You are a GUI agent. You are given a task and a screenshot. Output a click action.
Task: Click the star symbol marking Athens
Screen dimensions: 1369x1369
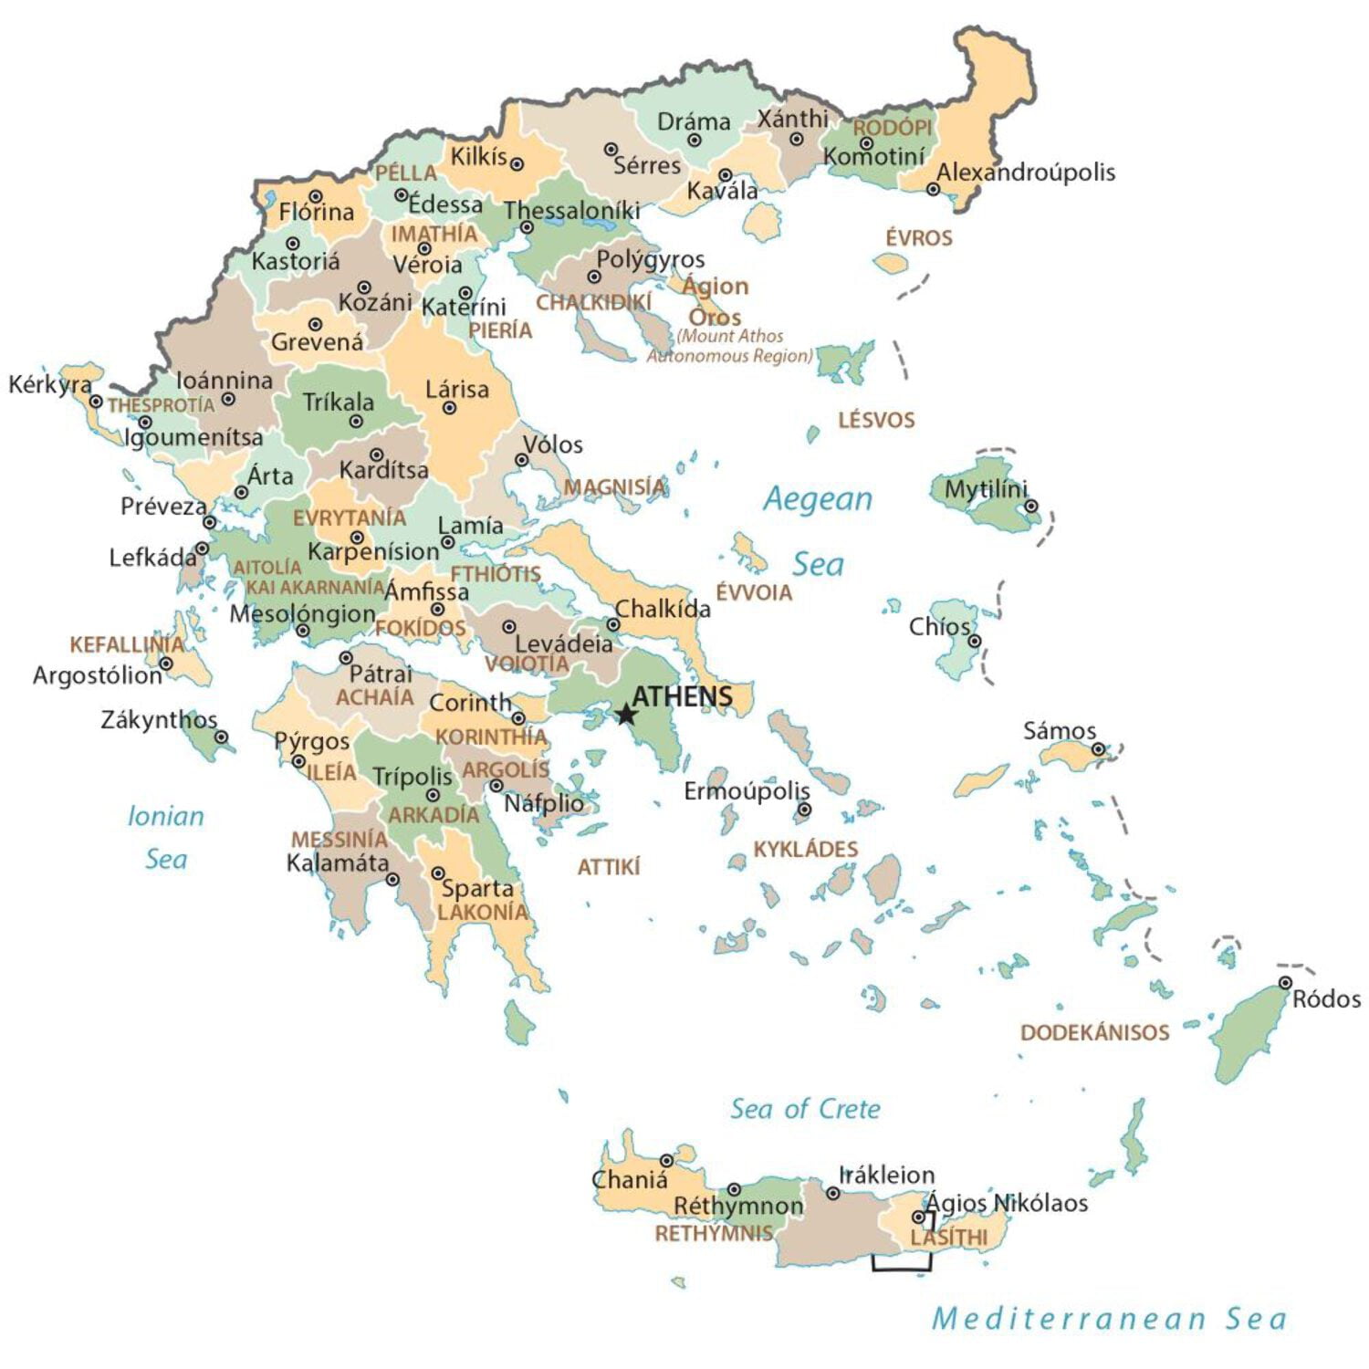[x=625, y=714]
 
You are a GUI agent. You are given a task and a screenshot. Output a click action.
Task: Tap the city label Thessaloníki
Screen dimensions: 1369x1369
[x=572, y=211]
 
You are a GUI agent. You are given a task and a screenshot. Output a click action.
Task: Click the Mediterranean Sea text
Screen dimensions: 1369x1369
[x=1109, y=1318]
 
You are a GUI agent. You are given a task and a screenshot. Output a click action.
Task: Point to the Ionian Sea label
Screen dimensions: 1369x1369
[x=165, y=837]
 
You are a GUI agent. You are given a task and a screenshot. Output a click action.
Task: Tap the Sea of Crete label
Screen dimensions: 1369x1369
[x=805, y=1109]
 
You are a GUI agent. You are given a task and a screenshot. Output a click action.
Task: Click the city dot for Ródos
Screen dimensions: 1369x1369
[x=1285, y=983]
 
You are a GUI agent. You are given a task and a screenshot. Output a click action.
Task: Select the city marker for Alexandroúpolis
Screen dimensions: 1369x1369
[x=933, y=190]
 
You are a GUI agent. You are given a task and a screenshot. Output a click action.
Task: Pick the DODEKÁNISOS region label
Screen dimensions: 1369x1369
[x=1094, y=1032]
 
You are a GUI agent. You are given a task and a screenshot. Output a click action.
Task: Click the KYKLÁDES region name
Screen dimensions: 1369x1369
[x=805, y=850]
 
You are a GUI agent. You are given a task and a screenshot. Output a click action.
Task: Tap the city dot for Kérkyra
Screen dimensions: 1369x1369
[x=96, y=402]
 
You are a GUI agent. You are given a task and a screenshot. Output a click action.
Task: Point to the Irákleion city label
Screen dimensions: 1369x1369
[x=886, y=1175]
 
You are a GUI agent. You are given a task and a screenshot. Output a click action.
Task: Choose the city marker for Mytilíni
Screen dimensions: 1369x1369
[x=1030, y=506]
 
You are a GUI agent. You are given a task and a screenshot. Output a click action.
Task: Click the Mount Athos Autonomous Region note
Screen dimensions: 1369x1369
[x=729, y=346]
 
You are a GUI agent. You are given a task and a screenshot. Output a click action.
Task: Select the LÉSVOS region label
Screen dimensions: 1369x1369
[x=876, y=420]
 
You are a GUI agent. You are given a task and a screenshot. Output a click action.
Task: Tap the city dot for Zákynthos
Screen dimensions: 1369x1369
[x=221, y=737]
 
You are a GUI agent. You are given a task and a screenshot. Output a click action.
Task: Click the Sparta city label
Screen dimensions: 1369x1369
[x=477, y=888]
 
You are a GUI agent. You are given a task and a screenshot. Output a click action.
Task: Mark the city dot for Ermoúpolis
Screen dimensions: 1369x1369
[x=804, y=809]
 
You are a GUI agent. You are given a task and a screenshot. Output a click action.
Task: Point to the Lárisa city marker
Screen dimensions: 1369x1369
[x=449, y=408]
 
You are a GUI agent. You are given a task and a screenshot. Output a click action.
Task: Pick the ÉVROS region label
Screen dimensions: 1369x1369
[x=919, y=238]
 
